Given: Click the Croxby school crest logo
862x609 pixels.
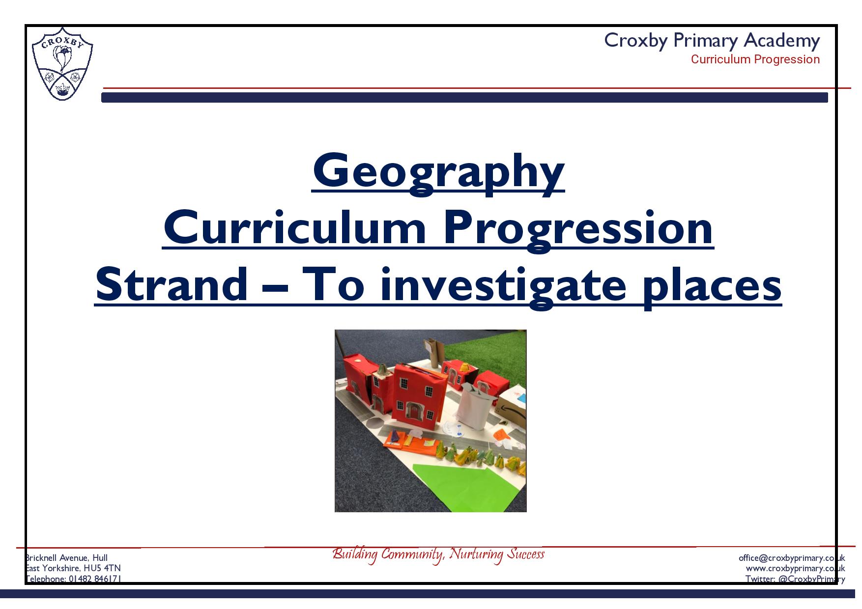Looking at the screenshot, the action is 62,64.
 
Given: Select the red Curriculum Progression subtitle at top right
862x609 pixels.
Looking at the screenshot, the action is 755,59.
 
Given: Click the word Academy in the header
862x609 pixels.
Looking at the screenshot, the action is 782,40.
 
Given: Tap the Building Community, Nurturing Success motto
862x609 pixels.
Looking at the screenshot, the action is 438,554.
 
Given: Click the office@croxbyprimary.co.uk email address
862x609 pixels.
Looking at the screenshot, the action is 792,558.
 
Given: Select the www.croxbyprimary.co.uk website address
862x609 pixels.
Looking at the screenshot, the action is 796,568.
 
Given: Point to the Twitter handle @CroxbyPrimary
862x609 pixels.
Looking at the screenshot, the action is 796,579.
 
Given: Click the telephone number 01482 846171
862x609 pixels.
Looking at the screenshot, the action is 95,579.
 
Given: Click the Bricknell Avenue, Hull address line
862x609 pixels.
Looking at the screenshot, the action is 66,558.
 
